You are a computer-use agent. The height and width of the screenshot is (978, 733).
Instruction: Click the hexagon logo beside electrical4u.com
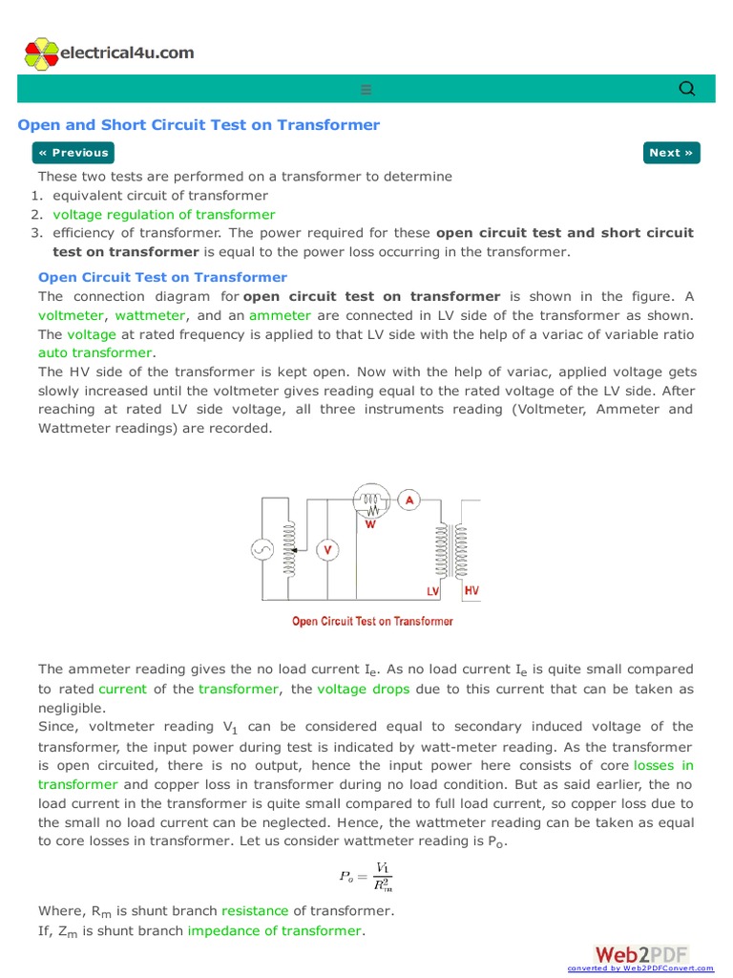point(41,54)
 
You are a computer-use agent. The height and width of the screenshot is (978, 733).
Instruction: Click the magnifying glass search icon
point(686,89)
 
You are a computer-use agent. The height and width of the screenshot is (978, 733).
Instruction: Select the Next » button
point(672,153)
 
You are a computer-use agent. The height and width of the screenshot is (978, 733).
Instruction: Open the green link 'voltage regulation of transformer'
point(163,215)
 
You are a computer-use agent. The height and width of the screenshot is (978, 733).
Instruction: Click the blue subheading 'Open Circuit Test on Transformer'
point(162,277)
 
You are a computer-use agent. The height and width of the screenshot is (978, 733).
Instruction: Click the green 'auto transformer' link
point(94,352)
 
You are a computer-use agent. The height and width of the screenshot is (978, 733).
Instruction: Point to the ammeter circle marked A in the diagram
point(408,500)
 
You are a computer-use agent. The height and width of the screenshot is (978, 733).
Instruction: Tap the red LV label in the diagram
point(432,592)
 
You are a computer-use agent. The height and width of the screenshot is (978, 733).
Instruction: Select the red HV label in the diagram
point(471,591)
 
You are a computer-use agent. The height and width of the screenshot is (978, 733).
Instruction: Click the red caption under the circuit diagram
point(372,622)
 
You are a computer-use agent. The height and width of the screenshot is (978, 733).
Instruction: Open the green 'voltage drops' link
point(363,689)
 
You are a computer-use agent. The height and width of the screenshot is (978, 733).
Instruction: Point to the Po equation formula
point(366,875)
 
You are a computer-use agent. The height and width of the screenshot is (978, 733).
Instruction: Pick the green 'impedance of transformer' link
point(275,930)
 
